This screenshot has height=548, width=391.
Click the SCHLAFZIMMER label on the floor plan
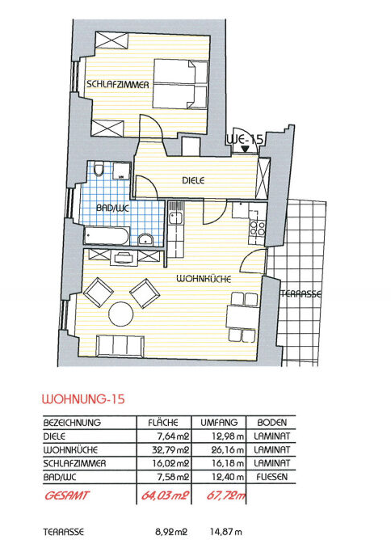(118, 84)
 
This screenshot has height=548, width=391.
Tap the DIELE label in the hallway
(193, 181)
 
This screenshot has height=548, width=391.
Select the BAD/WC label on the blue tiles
(112, 209)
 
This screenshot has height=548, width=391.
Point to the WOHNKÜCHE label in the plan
(204, 279)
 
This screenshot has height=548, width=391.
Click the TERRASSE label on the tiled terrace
(301, 294)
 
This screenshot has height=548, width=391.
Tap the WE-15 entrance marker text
(245, 140)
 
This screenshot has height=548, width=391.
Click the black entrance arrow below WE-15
(246, 149)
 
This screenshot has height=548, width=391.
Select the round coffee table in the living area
(121, 314)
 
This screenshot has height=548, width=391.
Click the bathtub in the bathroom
(106, 236)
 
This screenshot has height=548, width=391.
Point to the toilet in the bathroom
(99, 169)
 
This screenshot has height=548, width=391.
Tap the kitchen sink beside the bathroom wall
(174, 218)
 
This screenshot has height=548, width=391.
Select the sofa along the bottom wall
(120, 346)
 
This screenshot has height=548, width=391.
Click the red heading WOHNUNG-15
(83, 399)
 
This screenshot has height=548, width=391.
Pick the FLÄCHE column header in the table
(163, 422)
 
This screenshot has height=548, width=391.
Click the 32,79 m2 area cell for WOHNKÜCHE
(170, 449)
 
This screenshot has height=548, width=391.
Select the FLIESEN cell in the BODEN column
(272, 477)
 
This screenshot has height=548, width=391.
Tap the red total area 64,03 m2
(165, 495)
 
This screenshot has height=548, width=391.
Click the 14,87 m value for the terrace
(225, 532)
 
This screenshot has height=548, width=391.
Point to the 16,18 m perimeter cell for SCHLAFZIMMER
(228, 463)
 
